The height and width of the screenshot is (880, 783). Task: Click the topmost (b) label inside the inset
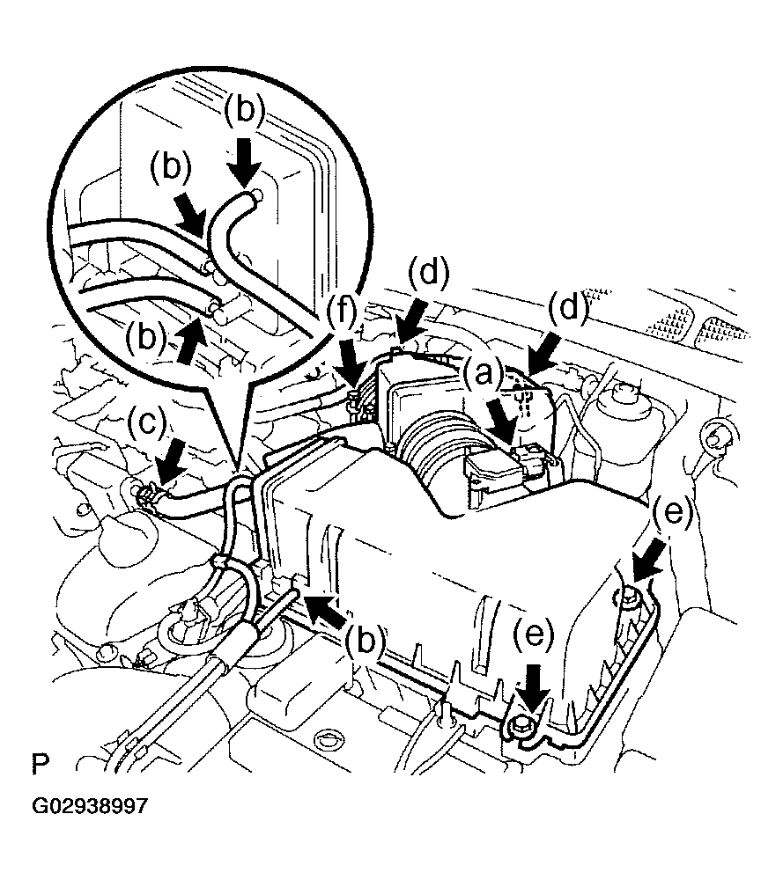click(x=245, y=112)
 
